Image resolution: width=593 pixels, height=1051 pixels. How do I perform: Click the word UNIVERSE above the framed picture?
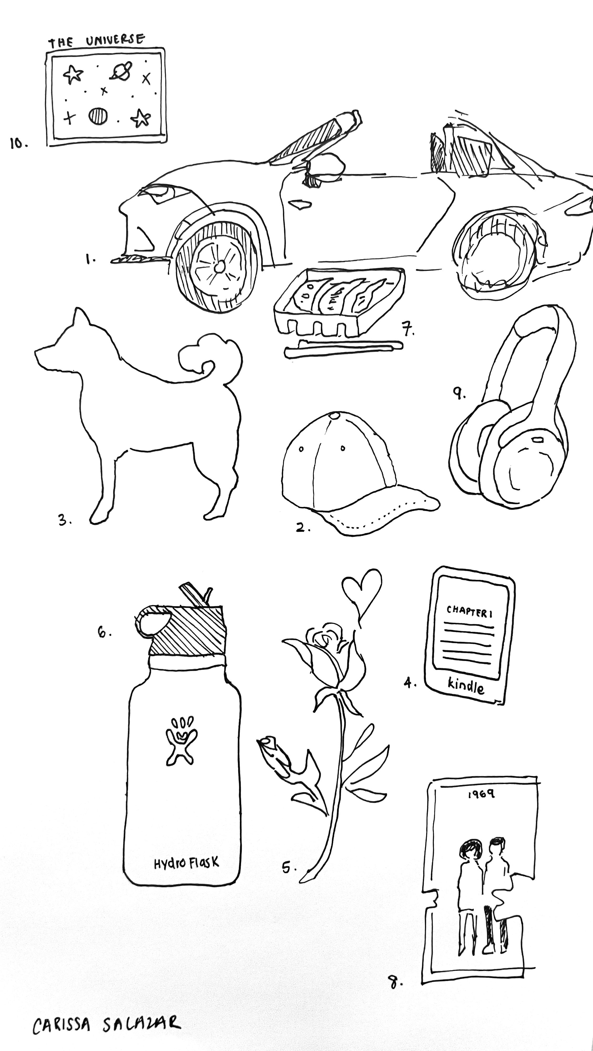tap(115, 40)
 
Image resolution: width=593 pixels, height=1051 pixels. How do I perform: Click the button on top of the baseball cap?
tap(335, 416)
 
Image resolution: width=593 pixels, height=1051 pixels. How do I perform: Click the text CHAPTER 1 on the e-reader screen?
tap(469, 611)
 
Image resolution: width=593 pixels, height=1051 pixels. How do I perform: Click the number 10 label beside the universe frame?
tap(19, 143)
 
